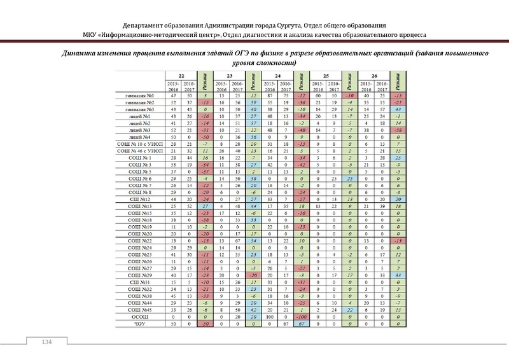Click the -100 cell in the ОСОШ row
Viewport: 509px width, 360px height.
coord(303,317)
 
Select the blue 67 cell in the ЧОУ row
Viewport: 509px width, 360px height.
coord(303,324)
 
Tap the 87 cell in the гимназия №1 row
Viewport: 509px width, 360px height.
coord(270,95)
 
